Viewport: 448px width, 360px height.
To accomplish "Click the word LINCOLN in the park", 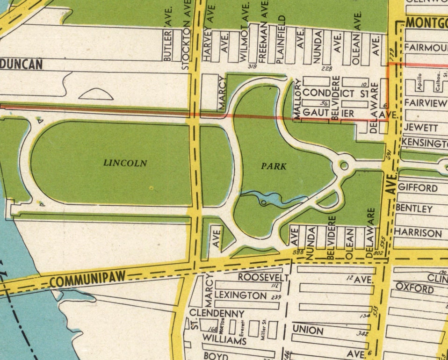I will coord(125,163).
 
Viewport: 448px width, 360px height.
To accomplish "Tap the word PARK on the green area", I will coord(274,166).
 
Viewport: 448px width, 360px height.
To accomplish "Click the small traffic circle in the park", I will coord(344,165).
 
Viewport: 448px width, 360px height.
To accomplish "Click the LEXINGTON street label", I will coord(241,295).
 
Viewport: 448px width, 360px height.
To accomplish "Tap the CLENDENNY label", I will coord(217,313).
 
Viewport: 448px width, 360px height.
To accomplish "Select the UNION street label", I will coord(308,331).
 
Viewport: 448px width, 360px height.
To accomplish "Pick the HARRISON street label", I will coord(418,232).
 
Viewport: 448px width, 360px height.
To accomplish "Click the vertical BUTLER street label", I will coord(168,45).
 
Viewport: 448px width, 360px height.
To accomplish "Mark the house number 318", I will coord(253,66).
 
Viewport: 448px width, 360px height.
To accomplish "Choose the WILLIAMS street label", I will coord(224,341).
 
